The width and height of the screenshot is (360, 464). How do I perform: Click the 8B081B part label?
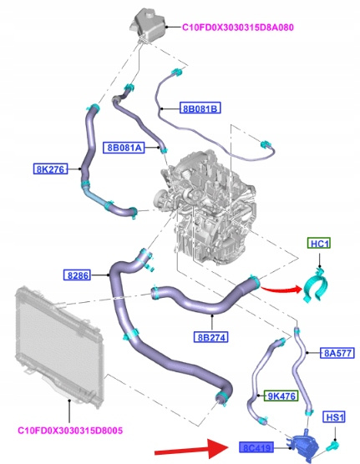pos(200,108)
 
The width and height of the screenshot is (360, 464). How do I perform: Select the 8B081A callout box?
pos(124,147)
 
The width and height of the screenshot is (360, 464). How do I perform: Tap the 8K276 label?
pos(50,169)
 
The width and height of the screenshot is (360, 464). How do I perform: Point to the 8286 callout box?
pos(78,275)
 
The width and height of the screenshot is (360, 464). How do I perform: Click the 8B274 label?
pos(211,337)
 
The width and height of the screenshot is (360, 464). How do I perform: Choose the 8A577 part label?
pos(337,353)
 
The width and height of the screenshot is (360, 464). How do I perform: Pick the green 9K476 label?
pos(281,396)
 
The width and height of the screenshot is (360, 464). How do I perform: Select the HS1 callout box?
pos(334,417)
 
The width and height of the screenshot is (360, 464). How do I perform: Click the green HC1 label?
pos(319,243)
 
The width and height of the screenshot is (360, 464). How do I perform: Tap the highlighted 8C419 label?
pos(256,447)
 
